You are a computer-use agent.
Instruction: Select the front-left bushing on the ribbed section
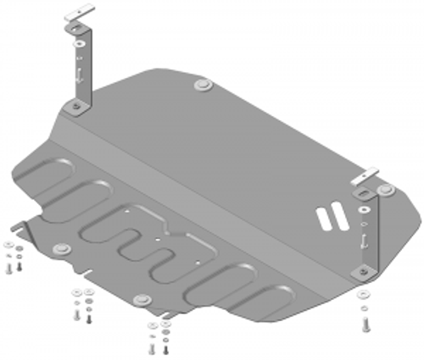(59, 249)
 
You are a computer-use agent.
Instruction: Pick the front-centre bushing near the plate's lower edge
(142, 299)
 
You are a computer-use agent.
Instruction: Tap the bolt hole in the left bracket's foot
(76, 106)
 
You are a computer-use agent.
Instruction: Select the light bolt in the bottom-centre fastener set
(165, 347)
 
